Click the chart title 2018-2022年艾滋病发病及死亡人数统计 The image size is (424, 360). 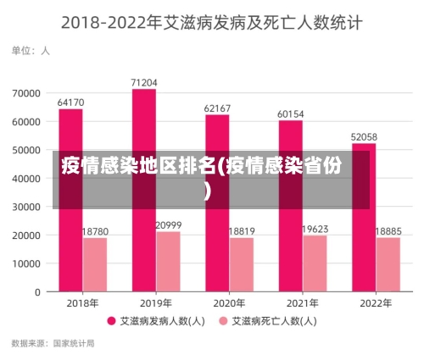pyautogui.click(x=212, y=23)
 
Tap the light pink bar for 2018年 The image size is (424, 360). pyautogui.click(x=95, y=264)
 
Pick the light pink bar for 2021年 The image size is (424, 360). pyautogui.click(x=315, y=263)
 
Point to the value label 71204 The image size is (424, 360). pyautogui.click(x=144, y=82)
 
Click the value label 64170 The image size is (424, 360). pyautogui.click(x=70, y=102)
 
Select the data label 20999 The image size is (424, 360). pyautogui.click(x=169, y=225)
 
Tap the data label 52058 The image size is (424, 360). pyautogui.click(x=364, y=136)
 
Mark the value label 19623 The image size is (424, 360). pyautogui.click(x=315, y=229)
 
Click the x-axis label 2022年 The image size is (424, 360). pyautogui.click(x=376, y=303)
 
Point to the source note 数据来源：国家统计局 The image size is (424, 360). pyautogui.click(x=53, y=344)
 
